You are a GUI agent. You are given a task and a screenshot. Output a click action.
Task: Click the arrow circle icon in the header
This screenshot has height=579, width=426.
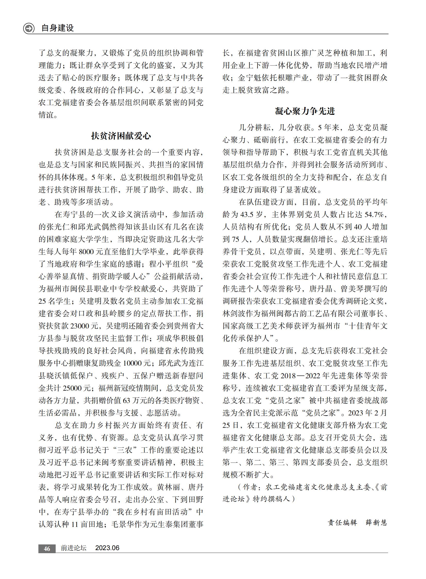click(x=29, y=28)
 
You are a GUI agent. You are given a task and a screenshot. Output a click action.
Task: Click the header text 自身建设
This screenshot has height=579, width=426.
click(x=57, y=28)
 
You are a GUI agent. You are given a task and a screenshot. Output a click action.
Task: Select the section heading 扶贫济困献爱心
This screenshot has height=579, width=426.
click(x=121, y=136)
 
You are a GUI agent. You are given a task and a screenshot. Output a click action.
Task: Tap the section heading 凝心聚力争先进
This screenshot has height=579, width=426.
click(x=305, y=111)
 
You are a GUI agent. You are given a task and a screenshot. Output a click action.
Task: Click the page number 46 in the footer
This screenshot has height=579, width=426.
click(x=47, y=549)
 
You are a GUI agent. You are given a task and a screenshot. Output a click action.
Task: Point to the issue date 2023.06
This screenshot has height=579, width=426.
click(x=107, y=548)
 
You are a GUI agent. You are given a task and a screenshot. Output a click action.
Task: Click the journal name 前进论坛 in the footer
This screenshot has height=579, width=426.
click(x=73, y=548)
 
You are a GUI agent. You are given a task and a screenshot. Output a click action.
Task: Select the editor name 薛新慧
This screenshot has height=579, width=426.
click(x=377, y=523)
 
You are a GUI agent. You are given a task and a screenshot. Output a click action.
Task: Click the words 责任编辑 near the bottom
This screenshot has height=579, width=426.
click(x=342, y=523)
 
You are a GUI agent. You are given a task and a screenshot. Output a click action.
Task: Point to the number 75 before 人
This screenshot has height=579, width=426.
click(x=236, y=239)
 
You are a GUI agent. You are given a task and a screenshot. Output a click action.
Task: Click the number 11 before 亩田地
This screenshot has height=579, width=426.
click(x=74, y=525)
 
